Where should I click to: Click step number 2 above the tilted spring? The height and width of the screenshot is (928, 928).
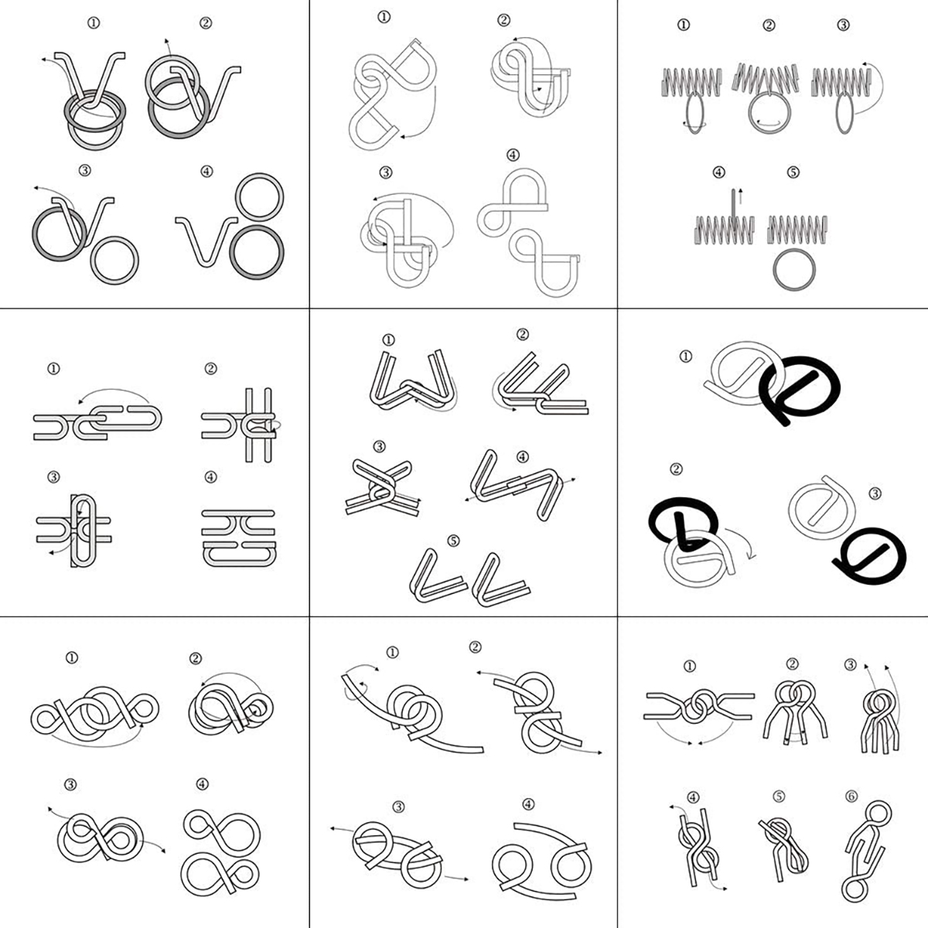point(769,25)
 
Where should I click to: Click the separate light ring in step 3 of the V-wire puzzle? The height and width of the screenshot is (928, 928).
point(92,261)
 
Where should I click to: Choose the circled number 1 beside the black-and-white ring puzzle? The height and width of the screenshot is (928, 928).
point(686,357)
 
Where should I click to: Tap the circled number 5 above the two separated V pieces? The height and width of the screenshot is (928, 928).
point(453,541)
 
